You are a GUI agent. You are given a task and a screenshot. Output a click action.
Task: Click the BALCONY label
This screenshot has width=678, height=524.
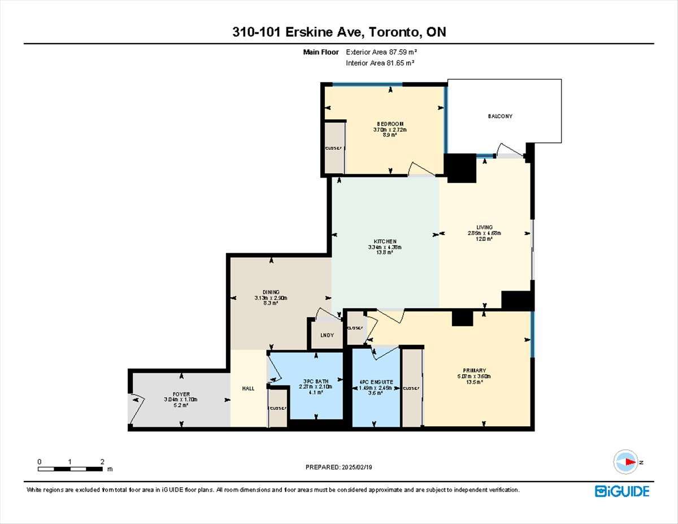[x=500, y=116]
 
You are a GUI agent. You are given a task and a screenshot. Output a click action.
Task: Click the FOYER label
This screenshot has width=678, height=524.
[x=181, y=394]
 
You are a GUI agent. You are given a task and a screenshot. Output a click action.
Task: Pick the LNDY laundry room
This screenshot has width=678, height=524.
[x=327, y=335]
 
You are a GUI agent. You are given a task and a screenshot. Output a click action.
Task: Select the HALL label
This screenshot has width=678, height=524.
[x=248, y=388]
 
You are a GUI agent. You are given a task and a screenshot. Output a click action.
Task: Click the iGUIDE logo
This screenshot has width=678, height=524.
[x=622, y=491]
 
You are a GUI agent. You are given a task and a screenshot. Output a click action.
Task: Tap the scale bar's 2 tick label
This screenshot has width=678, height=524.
[x=102, y=462]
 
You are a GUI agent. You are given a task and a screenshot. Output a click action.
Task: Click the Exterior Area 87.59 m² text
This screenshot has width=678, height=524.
[x=381, y=52]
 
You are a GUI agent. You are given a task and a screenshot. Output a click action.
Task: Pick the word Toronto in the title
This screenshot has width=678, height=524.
[x=394, y=32]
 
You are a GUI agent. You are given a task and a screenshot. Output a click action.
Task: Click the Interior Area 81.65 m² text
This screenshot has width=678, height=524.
[x=380, y=63]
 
